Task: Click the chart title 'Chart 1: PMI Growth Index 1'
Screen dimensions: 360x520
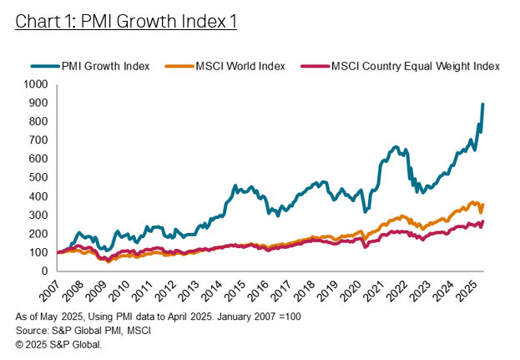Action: point(126,22)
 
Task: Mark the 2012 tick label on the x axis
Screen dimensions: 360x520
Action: point(167,292)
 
